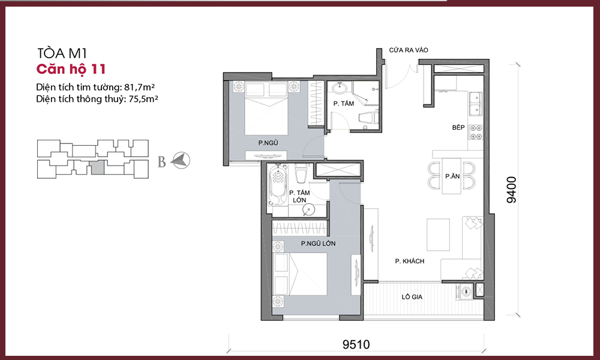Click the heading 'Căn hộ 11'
tap(71, 69)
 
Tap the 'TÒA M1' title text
tap(62, 53)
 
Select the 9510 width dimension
tap(356, 344)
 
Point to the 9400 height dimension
tap(511, 190)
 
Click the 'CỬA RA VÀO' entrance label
tap(408, 50)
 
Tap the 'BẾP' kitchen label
tap(458, 127)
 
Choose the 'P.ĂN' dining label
tap(452, 176)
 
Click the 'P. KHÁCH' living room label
tap(409, 261)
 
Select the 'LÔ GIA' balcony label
tap(412, 297)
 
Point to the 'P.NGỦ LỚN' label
tap(318, 244)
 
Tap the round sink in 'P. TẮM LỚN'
tap(308, 209)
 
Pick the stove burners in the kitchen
tap(476, 132)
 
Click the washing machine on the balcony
tap(466, 292)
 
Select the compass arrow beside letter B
tap(180, 160)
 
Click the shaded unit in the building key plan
tap(98, 167)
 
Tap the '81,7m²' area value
tap(139, 87)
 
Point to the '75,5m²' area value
tap(143, 99)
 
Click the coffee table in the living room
tap(438, 235)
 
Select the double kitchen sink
tap(476, 103)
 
